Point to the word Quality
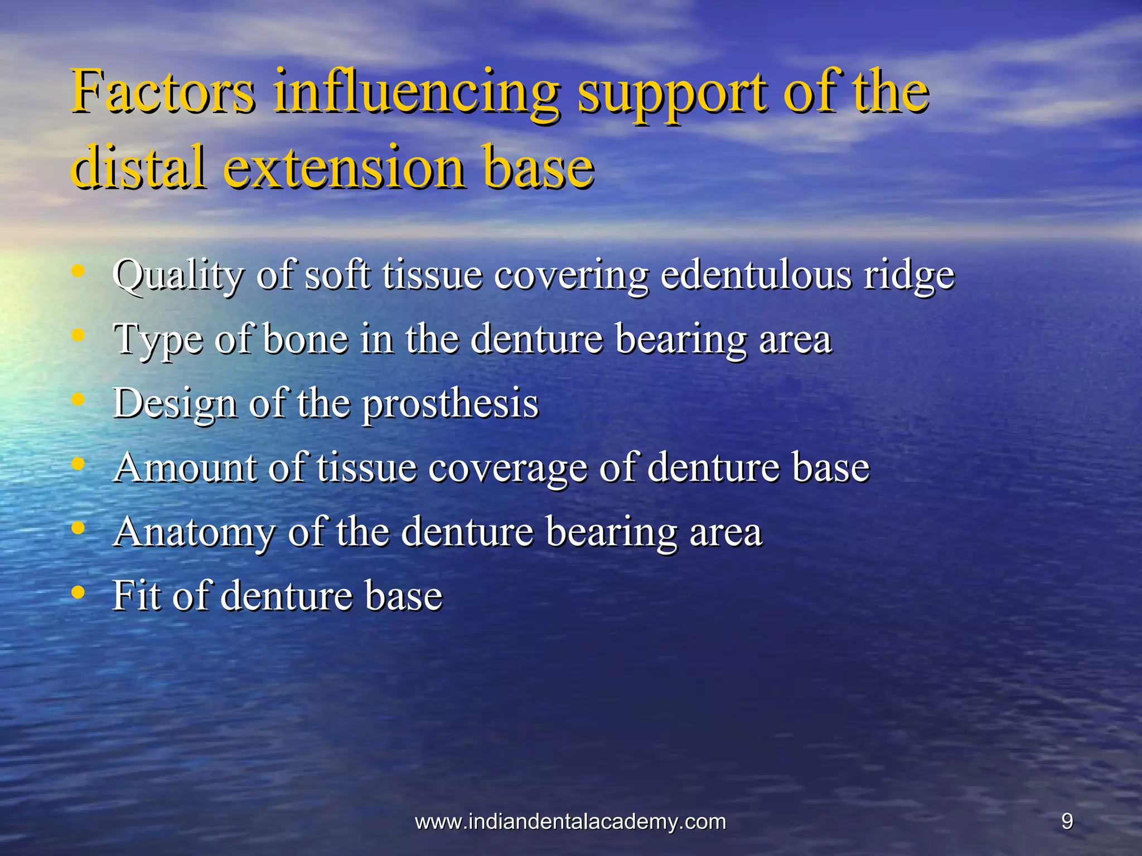pos(178,275)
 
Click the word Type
pos(158,340)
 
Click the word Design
pos(175,403)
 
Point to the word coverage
pos(507,468)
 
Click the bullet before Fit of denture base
pos(79,592)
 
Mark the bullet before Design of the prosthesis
pos(79,400)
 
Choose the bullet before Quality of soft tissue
pos(79,272)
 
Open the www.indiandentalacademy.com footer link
pos(570,821)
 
